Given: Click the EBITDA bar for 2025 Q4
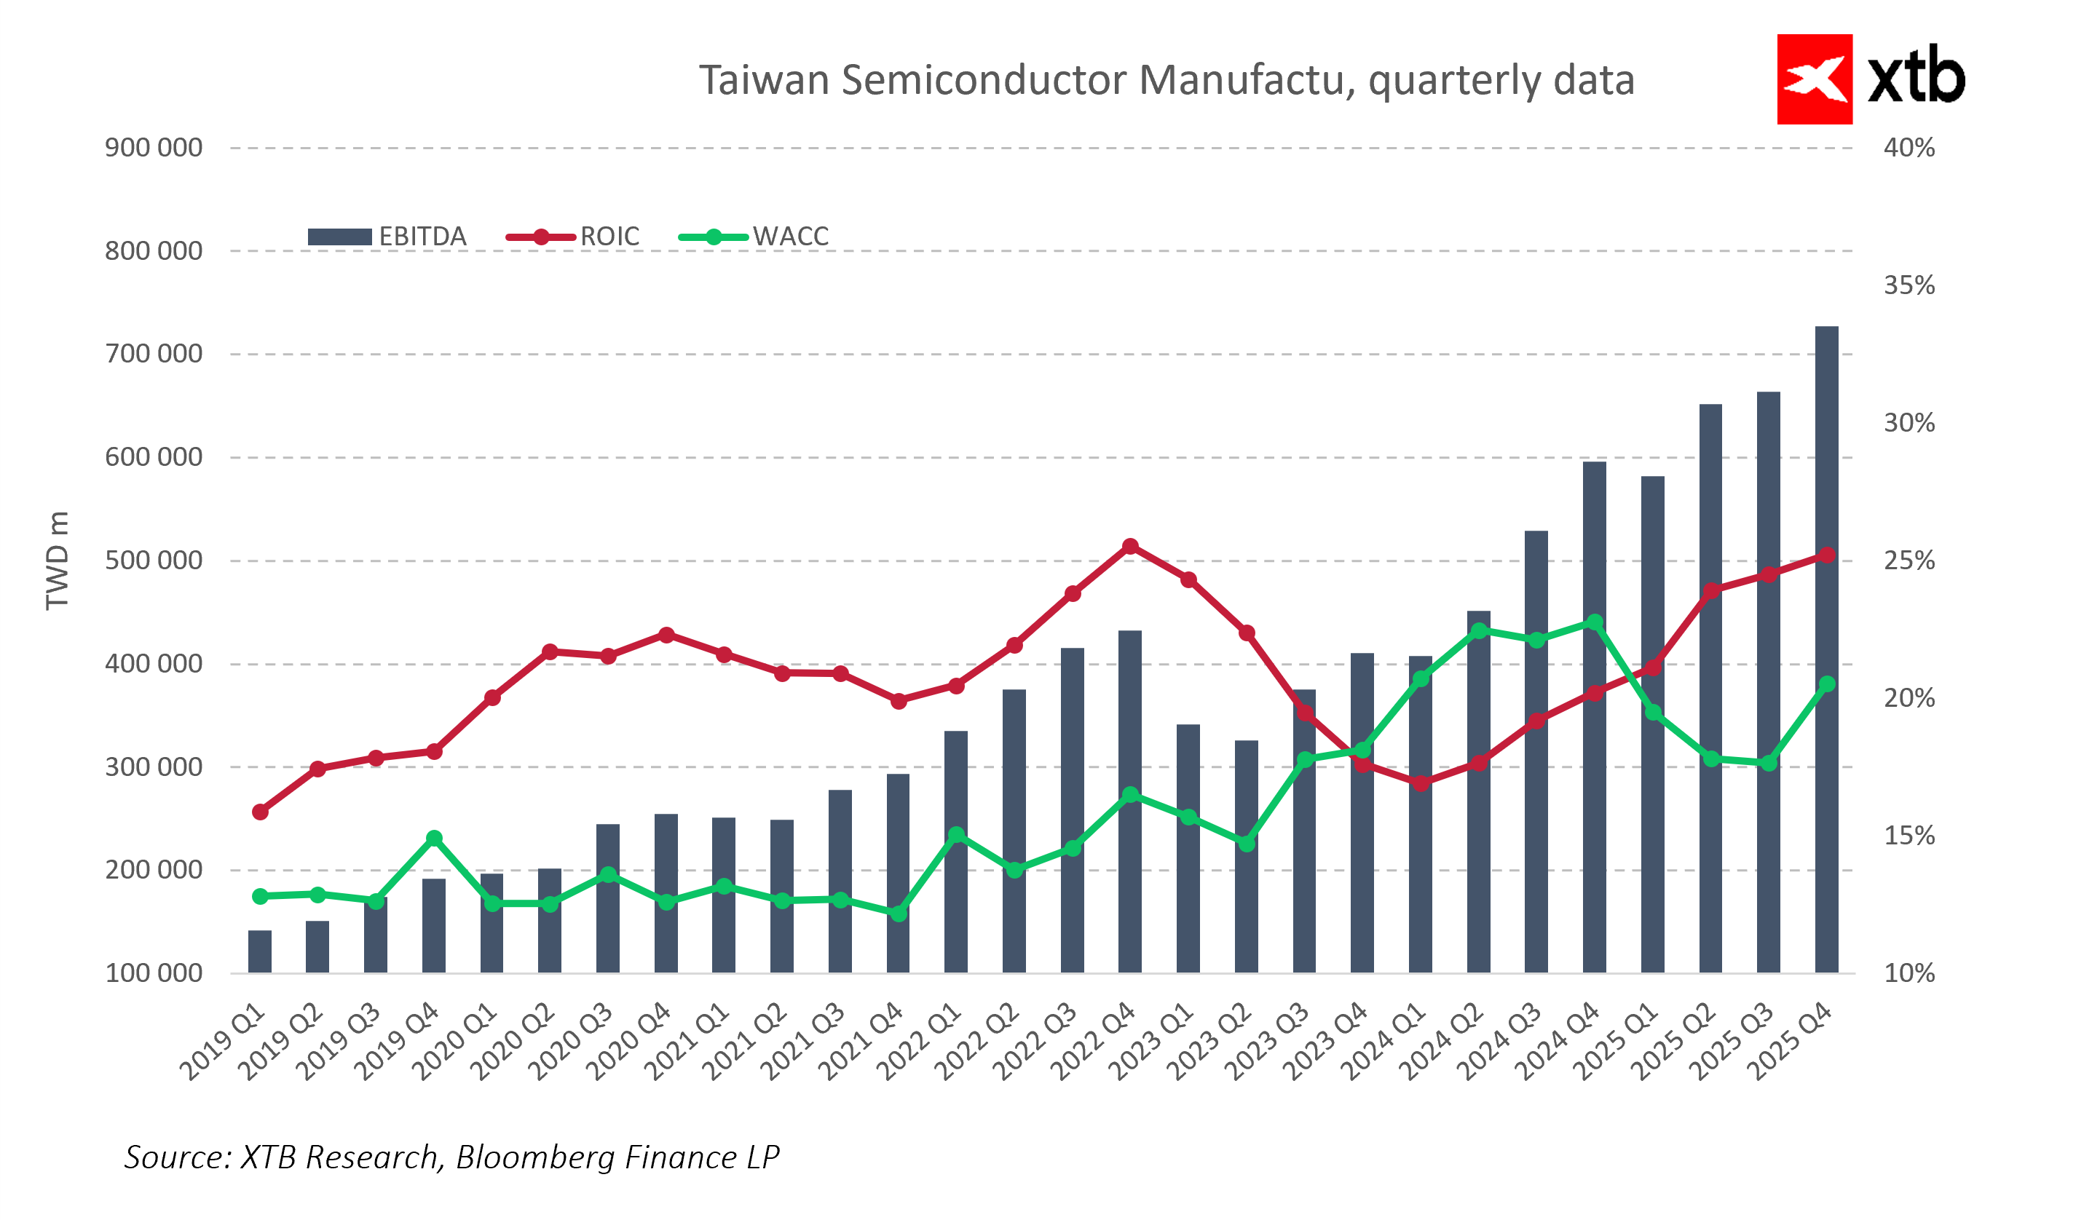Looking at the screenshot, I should point(1826,647).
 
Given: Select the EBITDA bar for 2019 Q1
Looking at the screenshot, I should point(260,951).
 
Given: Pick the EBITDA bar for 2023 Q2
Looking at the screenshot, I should point(1246,855).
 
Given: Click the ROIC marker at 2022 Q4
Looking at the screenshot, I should point(1130,546).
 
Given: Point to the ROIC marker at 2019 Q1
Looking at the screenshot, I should point(260,812).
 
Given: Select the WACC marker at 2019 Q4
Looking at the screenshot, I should point(434,839).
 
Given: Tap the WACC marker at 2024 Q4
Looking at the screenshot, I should point(1594,622).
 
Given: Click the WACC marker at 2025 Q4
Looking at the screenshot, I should point(1826,684).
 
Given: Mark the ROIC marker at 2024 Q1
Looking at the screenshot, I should point(1421,783).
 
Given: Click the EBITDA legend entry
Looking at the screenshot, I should point(387,237).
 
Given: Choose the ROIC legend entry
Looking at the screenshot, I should point(573,237).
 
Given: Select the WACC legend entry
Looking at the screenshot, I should point(754,237).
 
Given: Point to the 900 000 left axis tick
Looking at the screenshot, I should point(154,148).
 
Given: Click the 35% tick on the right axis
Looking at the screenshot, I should point(1909,285).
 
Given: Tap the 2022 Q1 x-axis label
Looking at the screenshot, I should point(920,1042).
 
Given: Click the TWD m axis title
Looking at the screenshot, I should point(57,561).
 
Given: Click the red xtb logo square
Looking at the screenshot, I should point(1814,79).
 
